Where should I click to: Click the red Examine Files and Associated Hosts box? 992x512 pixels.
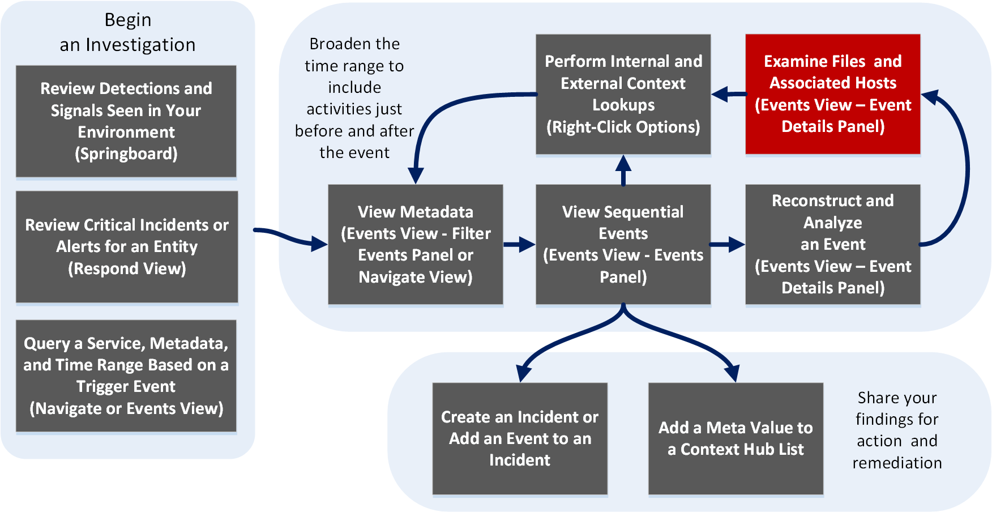tap(832, 94)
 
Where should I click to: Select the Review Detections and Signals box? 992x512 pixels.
tap(126, 121)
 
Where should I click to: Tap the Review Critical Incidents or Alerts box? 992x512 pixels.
tap(127, 246)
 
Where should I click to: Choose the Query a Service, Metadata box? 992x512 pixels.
tap(126, 376)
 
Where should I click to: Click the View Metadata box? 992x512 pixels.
tap(416, 244)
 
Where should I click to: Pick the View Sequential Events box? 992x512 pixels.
tap(623, 244)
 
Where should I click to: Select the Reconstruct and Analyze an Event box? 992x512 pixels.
tap(832, 244)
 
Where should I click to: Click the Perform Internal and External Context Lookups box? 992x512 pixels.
tap(623, 94)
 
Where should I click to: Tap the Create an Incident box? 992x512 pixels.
tap(520, 438)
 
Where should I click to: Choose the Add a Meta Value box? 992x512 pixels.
tap(736, 438)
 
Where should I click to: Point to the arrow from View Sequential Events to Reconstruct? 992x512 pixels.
tap(728, 245)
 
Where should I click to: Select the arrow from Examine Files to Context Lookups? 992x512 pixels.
tap(728, 94)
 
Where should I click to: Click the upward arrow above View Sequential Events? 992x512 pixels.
tap(623, 169)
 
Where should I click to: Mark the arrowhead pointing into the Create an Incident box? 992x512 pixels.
tap(524, 374)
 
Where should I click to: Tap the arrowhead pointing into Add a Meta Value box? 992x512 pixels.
tap(732, 374)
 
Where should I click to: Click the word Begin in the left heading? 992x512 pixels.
tap(128, 20)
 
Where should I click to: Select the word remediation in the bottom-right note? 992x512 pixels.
tap(897, 463)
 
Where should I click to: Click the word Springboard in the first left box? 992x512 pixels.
tap(126, 154)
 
